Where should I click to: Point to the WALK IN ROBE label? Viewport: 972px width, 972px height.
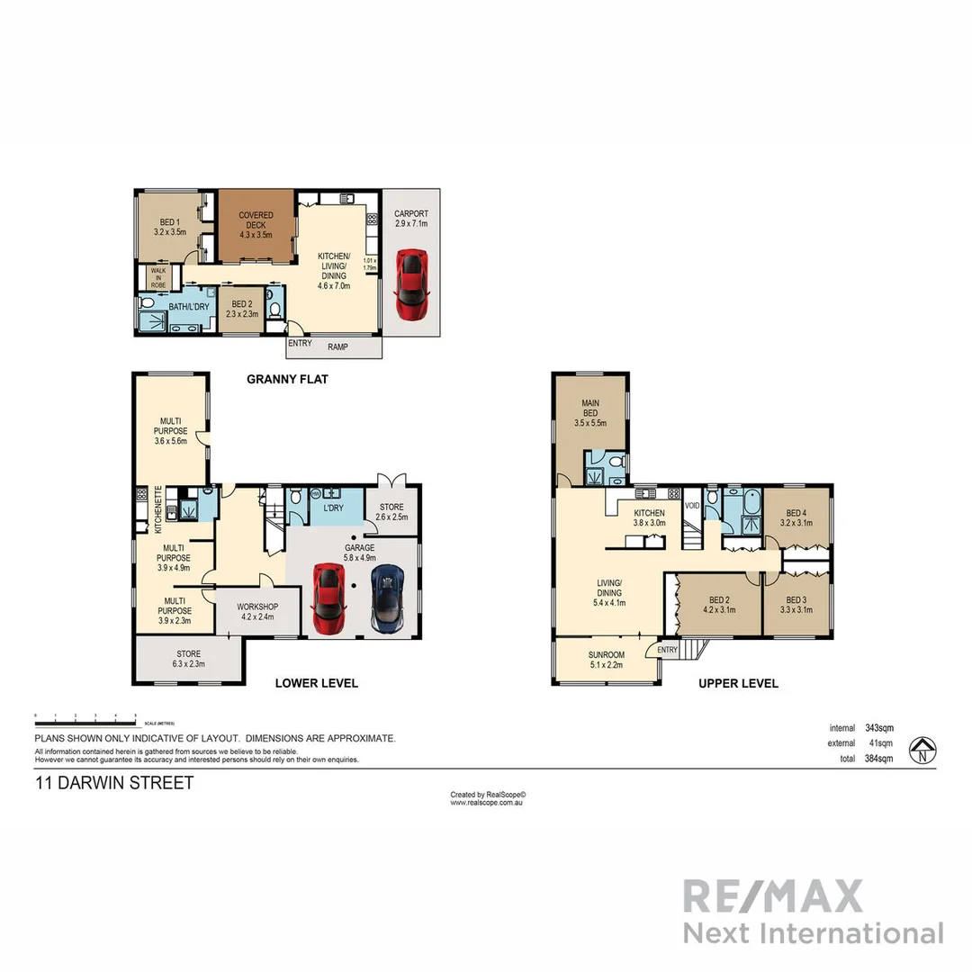click(158, 275)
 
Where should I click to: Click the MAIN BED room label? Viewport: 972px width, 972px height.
click(590, 408)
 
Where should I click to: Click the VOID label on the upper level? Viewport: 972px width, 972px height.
click(692, 506)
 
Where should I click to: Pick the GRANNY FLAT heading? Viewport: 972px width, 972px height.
click(287, 380)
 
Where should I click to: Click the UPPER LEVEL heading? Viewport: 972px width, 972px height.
click(738, 684)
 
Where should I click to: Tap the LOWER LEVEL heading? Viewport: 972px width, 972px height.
click(316, 683)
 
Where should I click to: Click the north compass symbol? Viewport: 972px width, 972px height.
click(921, 749)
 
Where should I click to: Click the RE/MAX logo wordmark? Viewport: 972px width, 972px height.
click(772, 896)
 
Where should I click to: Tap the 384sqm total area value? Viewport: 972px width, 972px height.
click(877, 759)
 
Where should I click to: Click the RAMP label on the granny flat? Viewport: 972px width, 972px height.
click(337, 346)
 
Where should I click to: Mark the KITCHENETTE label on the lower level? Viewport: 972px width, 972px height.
click(158, 508)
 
